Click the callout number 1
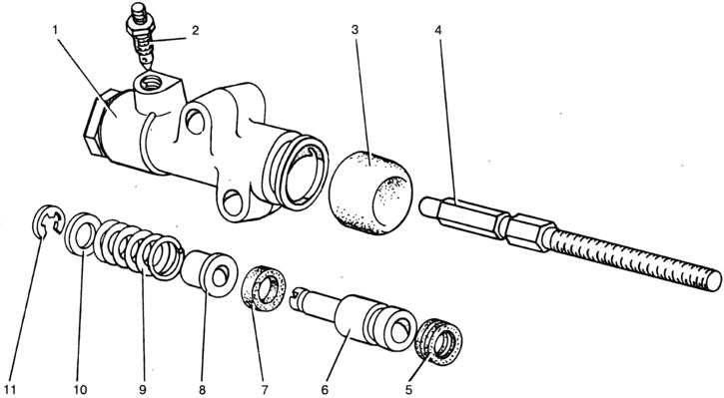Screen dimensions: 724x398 pyautogui.click(x=55, y=31)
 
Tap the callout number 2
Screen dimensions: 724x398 pyautogui.click(x=196, y=31)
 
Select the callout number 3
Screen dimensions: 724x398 pyautogui.click(x=355, y=30)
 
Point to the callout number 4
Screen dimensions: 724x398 pyautogui.click(x=438, y=31)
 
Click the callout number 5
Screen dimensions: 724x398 pyautogui.click(x=408, y=390)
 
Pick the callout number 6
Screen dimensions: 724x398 pyautogui.click(x=325, y=390)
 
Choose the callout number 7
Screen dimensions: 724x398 pyautogui.click(x=264, y=390)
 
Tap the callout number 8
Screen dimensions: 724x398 pyautogui.click(x=203, y=390)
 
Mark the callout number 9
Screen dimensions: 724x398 pyautogui.click(x=142, y=390)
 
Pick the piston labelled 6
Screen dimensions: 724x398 pyautogui.click(x=355, y=319)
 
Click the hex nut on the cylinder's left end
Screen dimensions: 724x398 pyautogui.click(x=96, y=126)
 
